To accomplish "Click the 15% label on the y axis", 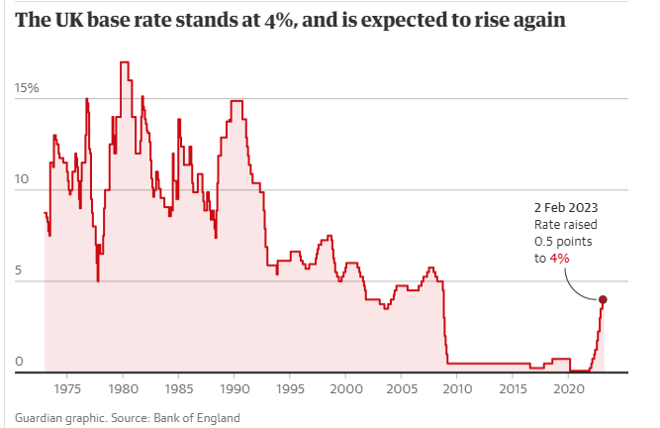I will pos(27,88).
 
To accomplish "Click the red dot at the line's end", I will pos(603,299).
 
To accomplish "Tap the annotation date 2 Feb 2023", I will pos(565,208).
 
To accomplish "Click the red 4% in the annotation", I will pos(559,258).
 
